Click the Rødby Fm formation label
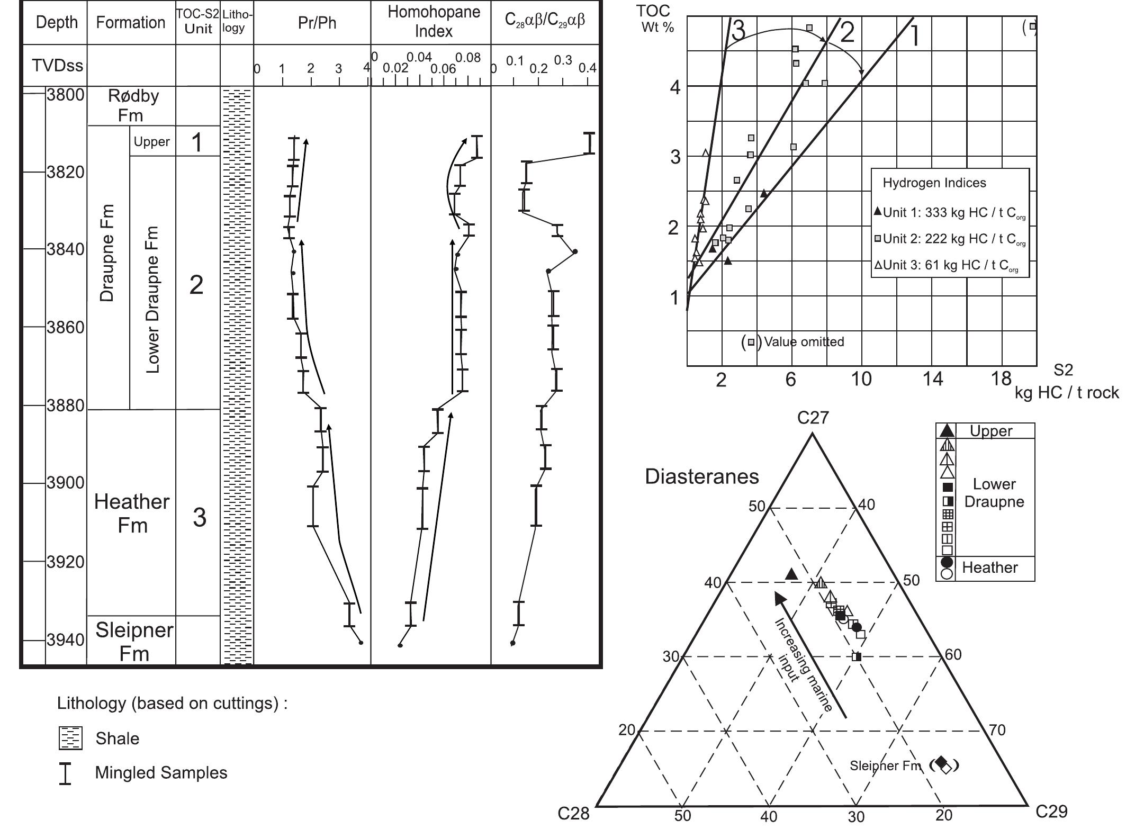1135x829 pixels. (132, 105)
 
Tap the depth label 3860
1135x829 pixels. (66, 328)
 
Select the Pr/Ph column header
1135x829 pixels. (317, 23)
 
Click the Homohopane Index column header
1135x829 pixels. (433, 22)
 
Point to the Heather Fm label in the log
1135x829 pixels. (132, 513)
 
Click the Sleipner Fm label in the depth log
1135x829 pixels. (134, 642)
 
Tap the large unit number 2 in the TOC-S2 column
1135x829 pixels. (196, 285)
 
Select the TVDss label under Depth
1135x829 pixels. (57, 66)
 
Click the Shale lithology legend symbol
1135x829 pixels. (70, 738)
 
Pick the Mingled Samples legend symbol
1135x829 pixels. (65, 773)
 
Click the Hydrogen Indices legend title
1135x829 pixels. (934, 183)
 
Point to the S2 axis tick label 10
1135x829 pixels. (861, 379)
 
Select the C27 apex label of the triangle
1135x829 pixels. (813, 418)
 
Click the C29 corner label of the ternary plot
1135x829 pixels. (1051, 811)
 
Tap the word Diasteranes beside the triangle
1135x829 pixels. (701, 477)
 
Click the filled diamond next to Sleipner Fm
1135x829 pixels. (941, 762)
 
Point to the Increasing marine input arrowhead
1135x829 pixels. (780, 599)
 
